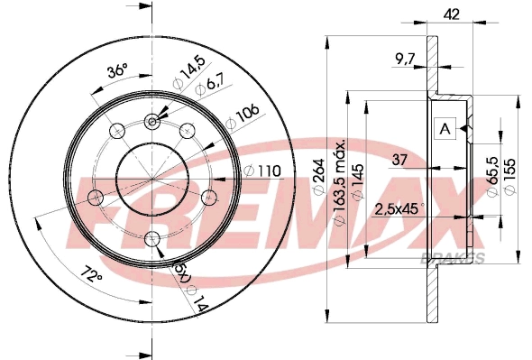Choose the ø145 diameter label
(359, 186)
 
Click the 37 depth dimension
(399, 161)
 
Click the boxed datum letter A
(445, 129)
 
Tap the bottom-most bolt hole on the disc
(153, 238)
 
